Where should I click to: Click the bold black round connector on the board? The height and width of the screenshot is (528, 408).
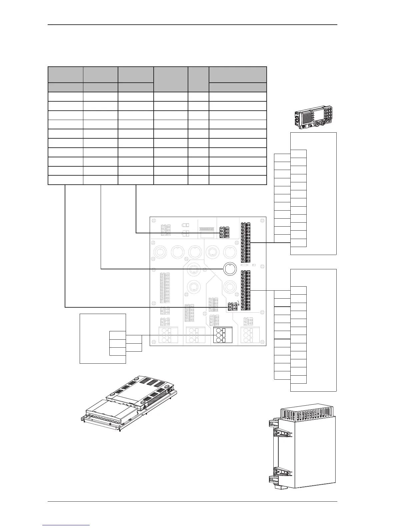click(x=229, y=269)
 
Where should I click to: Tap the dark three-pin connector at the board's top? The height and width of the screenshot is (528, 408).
click(x=224, y=232)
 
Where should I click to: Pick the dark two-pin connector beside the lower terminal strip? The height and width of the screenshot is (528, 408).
click(x=232, y=307)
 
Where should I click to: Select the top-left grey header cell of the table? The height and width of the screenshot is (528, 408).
click(x=65, y=75)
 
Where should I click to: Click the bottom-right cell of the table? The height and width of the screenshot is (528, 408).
click(x=237, y=180)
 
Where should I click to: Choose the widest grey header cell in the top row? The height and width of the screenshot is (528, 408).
click(x=237, y=75)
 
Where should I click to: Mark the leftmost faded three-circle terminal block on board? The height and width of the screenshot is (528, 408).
click(x=164, y=335)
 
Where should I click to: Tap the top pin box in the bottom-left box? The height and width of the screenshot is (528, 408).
click(x=117, y=335)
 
